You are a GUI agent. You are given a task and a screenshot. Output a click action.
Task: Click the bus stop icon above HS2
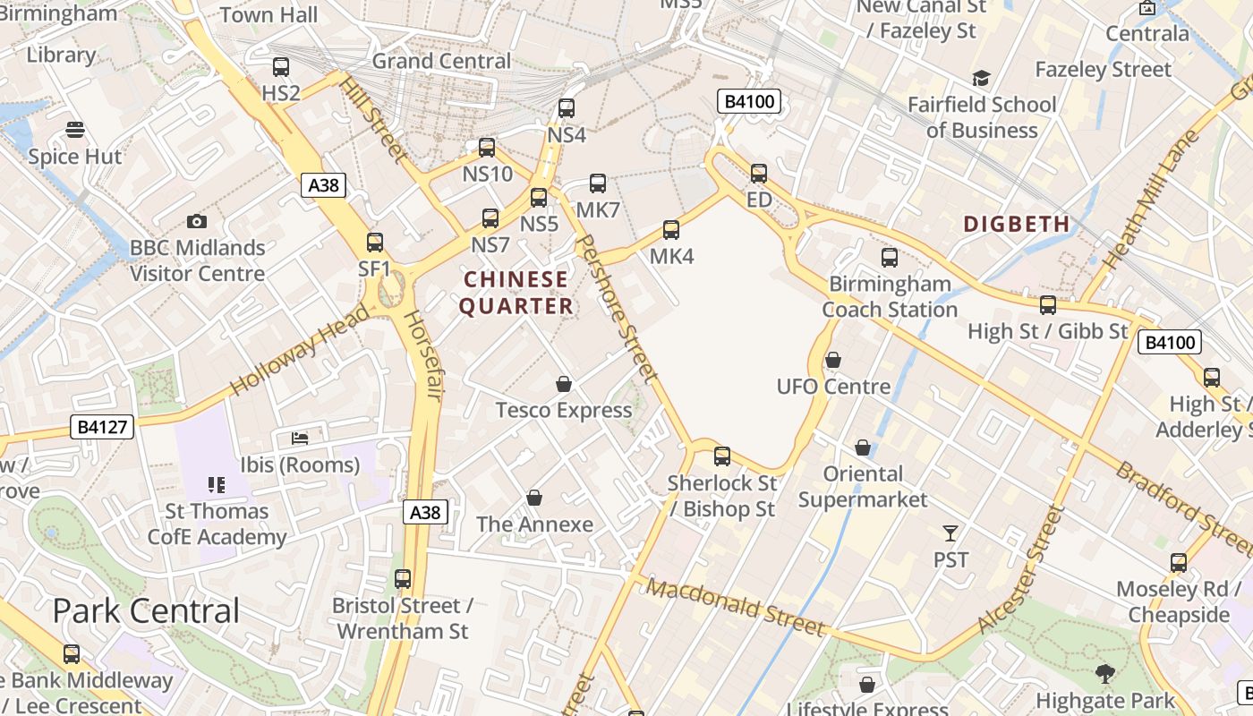coord(281,67)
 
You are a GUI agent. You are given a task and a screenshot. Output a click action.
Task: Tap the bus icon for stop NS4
coord(567,108)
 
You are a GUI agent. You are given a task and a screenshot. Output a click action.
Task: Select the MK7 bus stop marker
coord(598,183)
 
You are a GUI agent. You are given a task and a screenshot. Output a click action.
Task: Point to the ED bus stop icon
coord(759,173)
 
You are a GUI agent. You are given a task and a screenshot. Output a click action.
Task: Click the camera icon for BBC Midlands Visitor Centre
coord(197,221)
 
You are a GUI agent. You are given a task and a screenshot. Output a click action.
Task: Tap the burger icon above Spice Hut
coord(75,131)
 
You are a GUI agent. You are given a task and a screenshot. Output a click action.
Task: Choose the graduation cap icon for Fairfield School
coord(982,79)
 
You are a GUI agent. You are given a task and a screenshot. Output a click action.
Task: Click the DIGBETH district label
coord(1017,224)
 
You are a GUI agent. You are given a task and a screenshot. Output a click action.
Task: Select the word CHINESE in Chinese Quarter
coord(516,279)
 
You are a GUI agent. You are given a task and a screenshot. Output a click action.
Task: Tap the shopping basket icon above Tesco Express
coord(564,384)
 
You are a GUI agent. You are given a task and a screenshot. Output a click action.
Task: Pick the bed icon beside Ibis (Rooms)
coord(300,439)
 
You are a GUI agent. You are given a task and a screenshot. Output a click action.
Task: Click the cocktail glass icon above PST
coord(950,533)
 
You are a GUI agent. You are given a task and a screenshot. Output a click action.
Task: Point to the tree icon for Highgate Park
coord(1105,674)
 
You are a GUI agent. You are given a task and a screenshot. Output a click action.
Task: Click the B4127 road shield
coord(102,427)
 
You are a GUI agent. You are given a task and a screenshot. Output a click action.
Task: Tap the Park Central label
coord(146,610)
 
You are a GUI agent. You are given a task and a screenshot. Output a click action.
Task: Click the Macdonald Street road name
coord(735,608)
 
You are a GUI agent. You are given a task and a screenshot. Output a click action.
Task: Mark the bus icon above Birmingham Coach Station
coord(890,258)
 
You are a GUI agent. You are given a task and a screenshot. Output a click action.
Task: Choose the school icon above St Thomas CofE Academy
coord(217,485)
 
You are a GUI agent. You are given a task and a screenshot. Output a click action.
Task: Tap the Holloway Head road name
coord(299,350)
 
